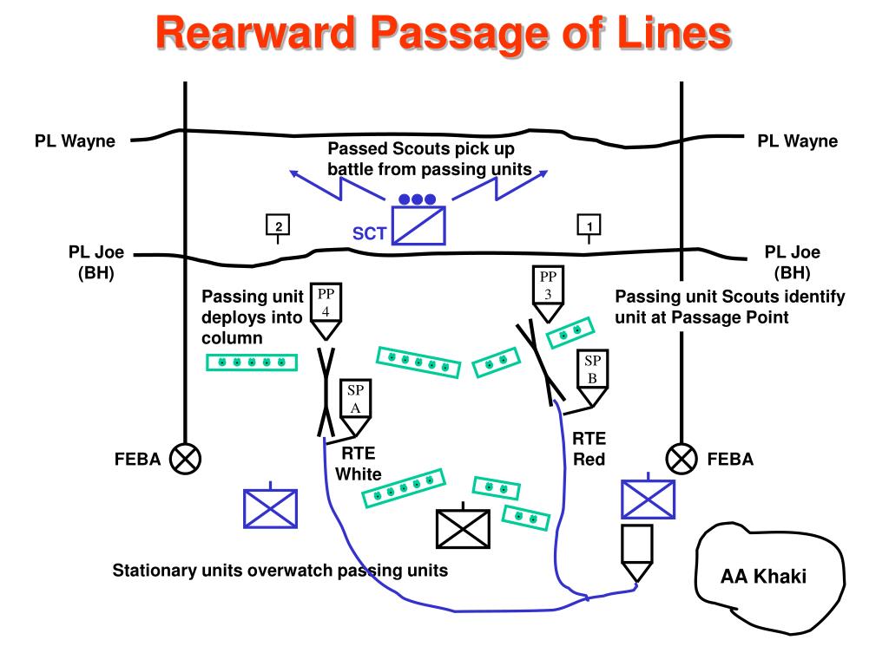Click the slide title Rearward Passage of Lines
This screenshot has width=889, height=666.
pyautogui.click(x=444, y=33)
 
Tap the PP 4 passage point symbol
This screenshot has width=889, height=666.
pyautogui.click(x=326, y=311)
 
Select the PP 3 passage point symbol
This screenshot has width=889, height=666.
pyautogui.click(x=548, y=294)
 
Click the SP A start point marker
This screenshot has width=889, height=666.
pyautogui.click(x=355, y=408)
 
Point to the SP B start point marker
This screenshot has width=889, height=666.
pyautogui.click(x=592, y=378)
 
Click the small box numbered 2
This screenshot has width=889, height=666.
pyautogui.click(x=278, y=225)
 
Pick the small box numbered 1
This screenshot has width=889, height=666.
pyautogui.click(x=589, y=225)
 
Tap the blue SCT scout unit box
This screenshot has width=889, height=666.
pyautogui.click(x=419, y=225)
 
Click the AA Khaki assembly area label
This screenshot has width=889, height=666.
pyautogui.click(x=763, y=576)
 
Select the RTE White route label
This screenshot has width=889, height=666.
pyautogui.click(x=359, y=463)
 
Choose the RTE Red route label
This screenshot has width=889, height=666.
pyautogui.click(x=589, y=448)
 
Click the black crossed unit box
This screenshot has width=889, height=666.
pyautogui.click(x=463, y=529)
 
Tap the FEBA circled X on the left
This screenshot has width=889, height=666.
pyautogui.click(x=186, y=458)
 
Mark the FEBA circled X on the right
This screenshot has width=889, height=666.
pyautogui.click(x=682, y=458)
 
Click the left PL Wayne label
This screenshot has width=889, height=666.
pyautogui.click(x=75, y=140)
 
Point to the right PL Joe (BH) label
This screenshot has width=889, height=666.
pyautogui.click(x=792, y=262)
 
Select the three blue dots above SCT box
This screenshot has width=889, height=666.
pyautogui.click(x=418, y=199)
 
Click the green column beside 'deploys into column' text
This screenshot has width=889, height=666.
pyautogui.click(x=252, y=362)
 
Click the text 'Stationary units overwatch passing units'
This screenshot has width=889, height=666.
pyautogui.click(x=280, y=571)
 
